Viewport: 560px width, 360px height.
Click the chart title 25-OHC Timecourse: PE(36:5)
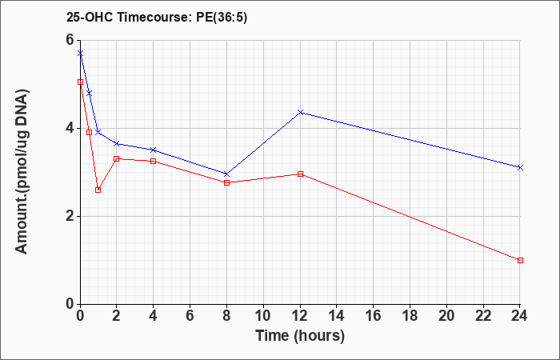point(157,18)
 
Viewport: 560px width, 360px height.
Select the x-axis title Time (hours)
point(300,336)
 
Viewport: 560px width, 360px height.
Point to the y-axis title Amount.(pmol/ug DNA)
point(22,171)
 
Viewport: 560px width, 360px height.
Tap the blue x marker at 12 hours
point(300,113)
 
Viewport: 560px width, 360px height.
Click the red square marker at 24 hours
point(520,260)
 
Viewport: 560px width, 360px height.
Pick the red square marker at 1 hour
point(98,190)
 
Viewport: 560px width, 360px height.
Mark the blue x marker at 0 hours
point(80,54)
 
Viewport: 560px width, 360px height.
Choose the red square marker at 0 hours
point(80,82)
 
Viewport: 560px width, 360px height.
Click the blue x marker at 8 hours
point(226,174)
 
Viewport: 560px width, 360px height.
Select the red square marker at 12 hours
point(300,174)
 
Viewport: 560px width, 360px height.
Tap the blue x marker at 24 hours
point(520,167)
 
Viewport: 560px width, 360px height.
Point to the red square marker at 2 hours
point(117,158)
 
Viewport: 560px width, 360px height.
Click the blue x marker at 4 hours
point(154,150)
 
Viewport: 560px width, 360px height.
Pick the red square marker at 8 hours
point(226,183)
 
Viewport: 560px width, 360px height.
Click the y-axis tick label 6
point(70,40)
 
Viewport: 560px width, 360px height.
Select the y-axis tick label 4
point(70,128)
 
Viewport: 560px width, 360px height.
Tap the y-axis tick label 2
point(70,216)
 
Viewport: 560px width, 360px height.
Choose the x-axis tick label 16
point(374,316)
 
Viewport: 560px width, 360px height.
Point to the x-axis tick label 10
point(263,316)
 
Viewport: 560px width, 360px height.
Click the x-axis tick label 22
point(483,316)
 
